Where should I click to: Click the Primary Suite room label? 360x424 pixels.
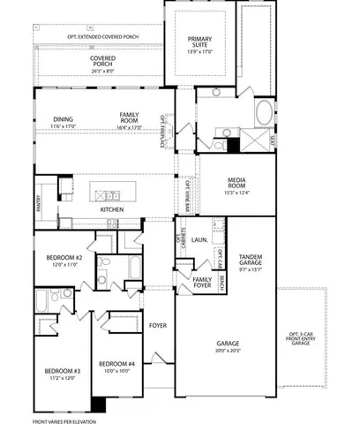(200, 42)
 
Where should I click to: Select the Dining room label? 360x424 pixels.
(63, 119)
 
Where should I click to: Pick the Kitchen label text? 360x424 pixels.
(111, 209)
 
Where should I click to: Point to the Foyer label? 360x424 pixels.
(158, 325)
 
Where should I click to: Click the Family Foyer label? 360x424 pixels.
(202, 282)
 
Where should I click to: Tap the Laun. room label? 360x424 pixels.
(199, 238)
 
